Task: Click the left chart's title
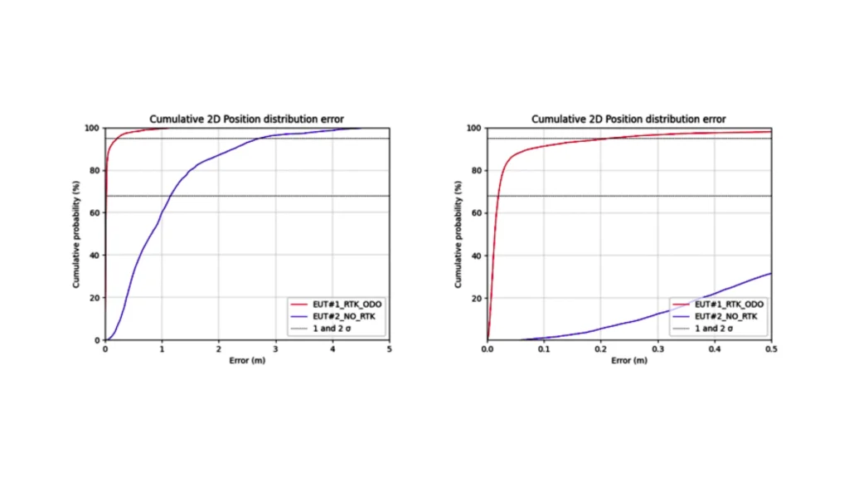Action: (246, 119)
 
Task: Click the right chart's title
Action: (628, 119)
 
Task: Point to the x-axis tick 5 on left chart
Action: (389, 350)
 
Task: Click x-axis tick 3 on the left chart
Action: (275, 350)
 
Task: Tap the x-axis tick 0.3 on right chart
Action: (657, 350)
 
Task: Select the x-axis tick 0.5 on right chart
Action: (771, 350)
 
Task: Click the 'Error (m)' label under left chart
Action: (246, 362)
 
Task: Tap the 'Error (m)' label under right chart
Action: (628, 362)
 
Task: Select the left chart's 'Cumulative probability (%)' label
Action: (75, 234)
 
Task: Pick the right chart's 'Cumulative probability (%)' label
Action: (458, 234)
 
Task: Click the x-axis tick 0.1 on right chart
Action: (544, 350)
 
